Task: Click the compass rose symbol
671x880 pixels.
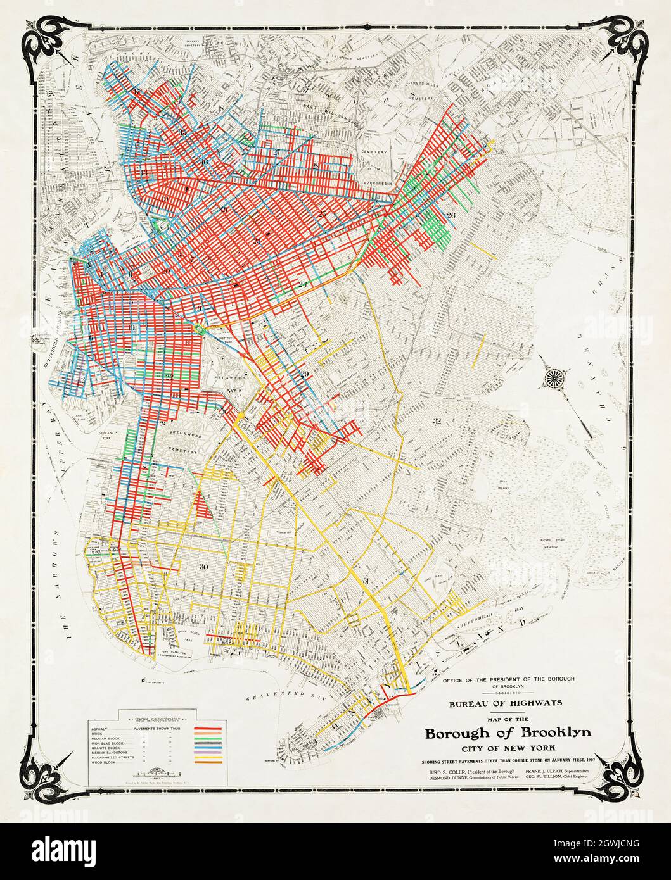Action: click(x=553, y=379)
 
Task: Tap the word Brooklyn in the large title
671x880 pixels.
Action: click(x=556, y=733)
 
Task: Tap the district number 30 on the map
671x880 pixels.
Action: click(x=203, y=567)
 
